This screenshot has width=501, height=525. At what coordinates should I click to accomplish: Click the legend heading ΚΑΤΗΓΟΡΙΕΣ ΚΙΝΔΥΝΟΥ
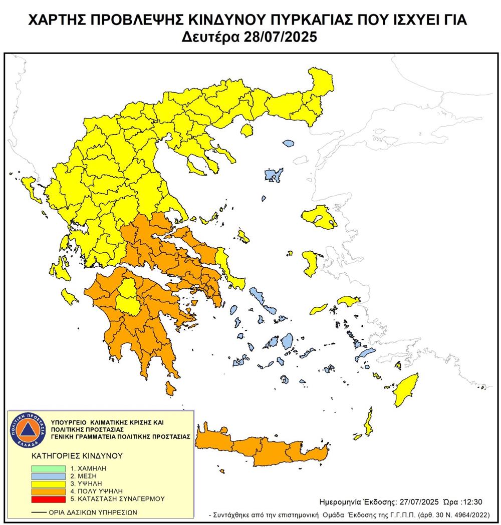[x=71, y=456]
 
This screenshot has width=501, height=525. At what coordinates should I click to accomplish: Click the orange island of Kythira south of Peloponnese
[x=170, y=387]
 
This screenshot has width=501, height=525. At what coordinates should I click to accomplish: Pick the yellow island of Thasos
[x=246, y=131]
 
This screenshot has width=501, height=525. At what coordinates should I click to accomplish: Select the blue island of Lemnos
[x=273, y=175]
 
